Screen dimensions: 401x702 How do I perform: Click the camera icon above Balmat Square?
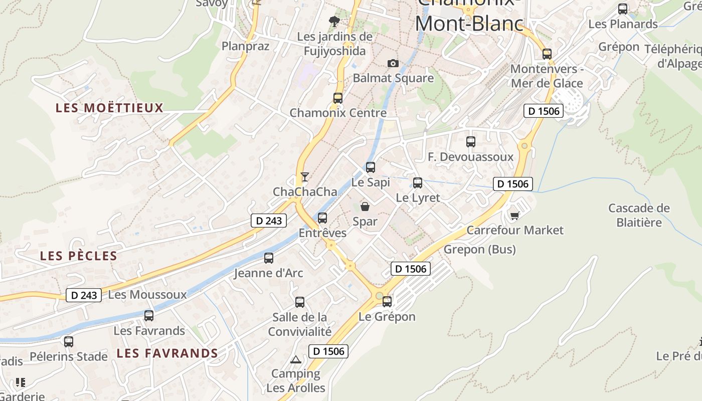[393, 63]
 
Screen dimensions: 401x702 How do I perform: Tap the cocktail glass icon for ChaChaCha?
[304, 176]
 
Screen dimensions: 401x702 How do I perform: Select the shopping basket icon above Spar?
[365, 207]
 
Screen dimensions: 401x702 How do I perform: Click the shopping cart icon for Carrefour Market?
[514, 216]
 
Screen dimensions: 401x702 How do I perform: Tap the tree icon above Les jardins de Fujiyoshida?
[334, 22]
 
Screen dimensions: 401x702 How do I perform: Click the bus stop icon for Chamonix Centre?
[338, 98]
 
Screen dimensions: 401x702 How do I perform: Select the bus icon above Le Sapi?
[371, 167]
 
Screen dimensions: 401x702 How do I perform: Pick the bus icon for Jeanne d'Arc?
[269, 258]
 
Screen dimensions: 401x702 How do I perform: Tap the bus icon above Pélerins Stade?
[69, 342]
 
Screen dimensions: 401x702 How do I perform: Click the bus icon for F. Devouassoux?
[471, 142]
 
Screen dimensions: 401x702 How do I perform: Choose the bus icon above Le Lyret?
[418, 183]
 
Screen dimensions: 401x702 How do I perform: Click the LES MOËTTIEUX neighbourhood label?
[110, 108]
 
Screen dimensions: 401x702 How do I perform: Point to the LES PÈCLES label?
[79, 256]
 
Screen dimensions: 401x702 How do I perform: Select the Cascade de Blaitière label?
[639, 215]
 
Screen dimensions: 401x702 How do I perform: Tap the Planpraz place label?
[246, 46]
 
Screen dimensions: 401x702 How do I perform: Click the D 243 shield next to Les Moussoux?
[84, 295]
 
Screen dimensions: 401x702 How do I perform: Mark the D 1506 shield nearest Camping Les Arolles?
[328, 351]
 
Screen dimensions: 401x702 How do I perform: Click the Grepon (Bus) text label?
[480, 249]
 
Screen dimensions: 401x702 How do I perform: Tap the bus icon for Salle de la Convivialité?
[300, 302]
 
